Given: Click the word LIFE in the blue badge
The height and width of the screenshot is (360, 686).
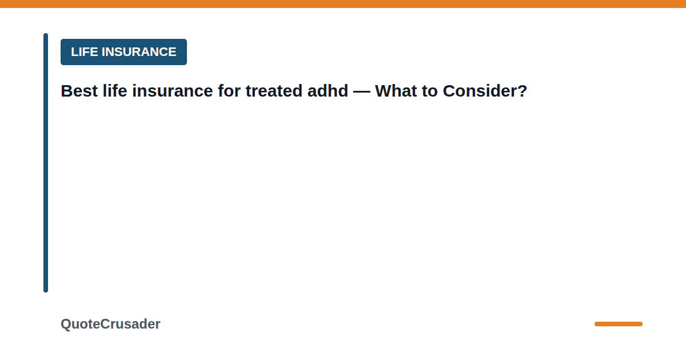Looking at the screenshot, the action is click(x=85, y=52).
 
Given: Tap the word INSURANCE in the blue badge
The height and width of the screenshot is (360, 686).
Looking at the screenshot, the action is click(x=139, y=52).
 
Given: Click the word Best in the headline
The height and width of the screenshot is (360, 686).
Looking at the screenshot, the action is click(x=79, y=91).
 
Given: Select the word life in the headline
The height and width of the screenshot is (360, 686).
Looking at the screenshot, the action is click(x=115, y=91).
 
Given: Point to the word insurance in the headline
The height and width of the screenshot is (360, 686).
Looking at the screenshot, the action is click(x=173, y=91).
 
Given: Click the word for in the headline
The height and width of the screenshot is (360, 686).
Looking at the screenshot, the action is click(x=229, y=91).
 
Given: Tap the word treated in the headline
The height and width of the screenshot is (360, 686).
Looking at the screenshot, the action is click(x=274, y=91).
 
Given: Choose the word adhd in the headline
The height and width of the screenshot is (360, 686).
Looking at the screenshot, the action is click(x=328, y=91).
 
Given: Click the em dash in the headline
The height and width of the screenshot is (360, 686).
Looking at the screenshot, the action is click(x=362, y=91).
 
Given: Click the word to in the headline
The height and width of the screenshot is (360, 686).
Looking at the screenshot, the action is click(x=430, y=91).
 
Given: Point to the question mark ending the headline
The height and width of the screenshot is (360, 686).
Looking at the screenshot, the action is click(x=521, y=91).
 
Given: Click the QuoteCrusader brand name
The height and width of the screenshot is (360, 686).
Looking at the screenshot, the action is click(x=110, y=324).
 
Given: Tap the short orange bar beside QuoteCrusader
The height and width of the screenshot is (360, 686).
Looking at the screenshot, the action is click(x=619, y=324).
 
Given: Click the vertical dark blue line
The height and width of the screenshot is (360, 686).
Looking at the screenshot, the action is click(x=46, y=163).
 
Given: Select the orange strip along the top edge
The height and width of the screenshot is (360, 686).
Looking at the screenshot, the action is click(x=343, y=3).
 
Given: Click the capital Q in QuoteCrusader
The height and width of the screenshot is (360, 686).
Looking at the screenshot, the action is click(x=66, y=325).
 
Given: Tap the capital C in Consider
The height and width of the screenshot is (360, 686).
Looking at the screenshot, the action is click(x=450, y=91).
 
